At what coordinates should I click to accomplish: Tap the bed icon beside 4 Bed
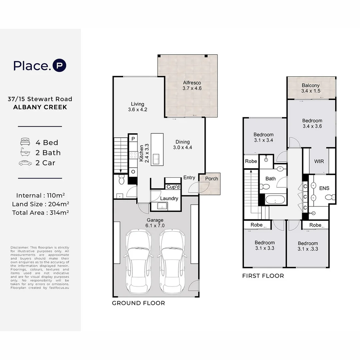click(x=25, y=142)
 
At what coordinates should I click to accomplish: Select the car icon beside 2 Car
click(x=25, y=163)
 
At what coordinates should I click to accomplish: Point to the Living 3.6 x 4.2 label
click(x=137, y=107)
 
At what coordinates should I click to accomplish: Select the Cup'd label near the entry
click(x=173, y=187)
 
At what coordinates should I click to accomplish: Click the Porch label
click(x=211, y=179)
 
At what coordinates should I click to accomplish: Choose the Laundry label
click(x=169, y=198)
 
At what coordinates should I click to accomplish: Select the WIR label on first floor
click(x=319, y=161)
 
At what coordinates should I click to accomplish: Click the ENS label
click(x=324, y=188)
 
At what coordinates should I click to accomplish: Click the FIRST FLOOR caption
click(x=263, y=276)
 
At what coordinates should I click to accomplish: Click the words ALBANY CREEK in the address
click(x=40, y=107)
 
